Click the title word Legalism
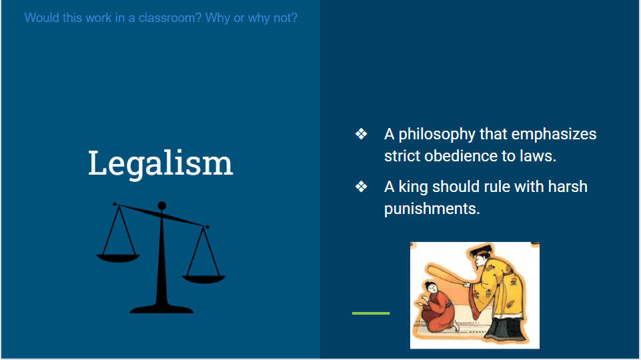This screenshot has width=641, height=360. point(160,163)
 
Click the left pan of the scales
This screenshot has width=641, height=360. point(118,258)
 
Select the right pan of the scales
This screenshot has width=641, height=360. point(203,279)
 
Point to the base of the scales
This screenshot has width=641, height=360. point(162,309)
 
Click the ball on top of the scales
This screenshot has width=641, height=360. point(162,205)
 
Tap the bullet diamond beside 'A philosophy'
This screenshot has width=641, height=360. point(361,133)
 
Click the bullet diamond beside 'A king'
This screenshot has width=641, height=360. point(361,187)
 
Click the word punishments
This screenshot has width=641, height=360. point(432,209)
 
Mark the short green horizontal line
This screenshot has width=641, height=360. point(371,313)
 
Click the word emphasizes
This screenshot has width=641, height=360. point(554,135)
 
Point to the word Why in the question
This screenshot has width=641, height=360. point(217,18)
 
